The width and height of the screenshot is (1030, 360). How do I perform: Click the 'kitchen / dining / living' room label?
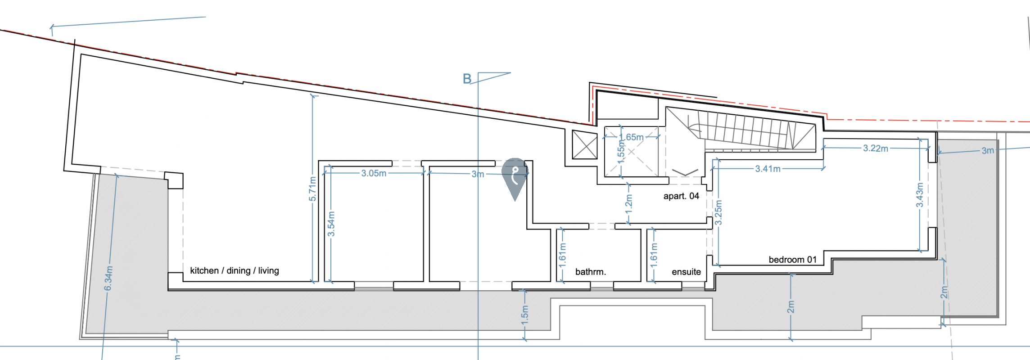coord(234,271)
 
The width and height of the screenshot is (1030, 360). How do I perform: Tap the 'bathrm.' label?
coord(591,272)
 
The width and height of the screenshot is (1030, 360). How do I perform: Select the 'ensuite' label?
coord(686,272)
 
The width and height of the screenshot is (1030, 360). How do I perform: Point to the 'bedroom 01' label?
coord(792,260)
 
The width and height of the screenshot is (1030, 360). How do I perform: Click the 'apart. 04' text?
coord(681,196)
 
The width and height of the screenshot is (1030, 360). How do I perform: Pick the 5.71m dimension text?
coord(312,189)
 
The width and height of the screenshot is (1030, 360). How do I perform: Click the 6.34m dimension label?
coord(108,278)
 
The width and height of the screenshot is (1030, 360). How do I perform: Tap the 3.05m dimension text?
coord(374,173)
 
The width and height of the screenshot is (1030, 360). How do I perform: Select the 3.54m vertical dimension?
coord(331,224)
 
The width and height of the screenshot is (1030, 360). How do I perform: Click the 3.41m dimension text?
coord(768,169)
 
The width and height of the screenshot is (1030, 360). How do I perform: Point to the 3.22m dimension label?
coord(875,148)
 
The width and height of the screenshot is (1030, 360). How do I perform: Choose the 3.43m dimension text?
coord(919,195)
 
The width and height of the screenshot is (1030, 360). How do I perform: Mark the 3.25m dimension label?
coord(718,212)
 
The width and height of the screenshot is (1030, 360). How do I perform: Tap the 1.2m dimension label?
coord(629,203)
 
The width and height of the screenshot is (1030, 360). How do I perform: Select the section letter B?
coord(467,79)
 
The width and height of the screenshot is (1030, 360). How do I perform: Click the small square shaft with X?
coord(584,145)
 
